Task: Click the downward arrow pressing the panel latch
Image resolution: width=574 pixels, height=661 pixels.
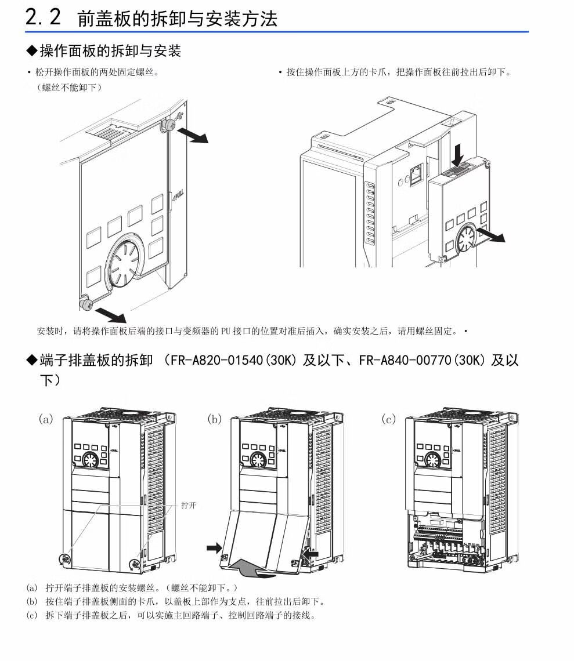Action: point(458,154)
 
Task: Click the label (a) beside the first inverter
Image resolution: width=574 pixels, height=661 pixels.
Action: point(46,419)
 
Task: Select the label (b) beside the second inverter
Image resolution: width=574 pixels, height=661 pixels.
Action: point(215,419)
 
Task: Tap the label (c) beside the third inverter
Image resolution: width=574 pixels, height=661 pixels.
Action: point(389,419)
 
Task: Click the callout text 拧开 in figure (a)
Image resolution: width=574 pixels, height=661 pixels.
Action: point(189,505)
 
